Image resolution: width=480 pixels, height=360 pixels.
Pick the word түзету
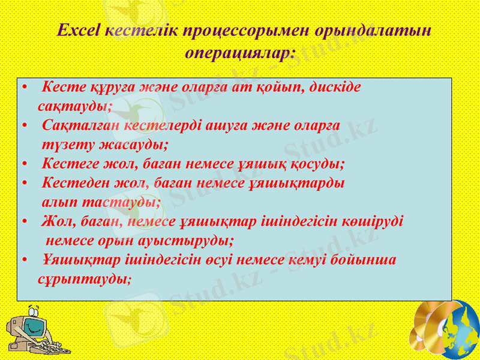tap(63, 145)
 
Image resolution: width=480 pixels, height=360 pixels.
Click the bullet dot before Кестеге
tap(23, 164)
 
